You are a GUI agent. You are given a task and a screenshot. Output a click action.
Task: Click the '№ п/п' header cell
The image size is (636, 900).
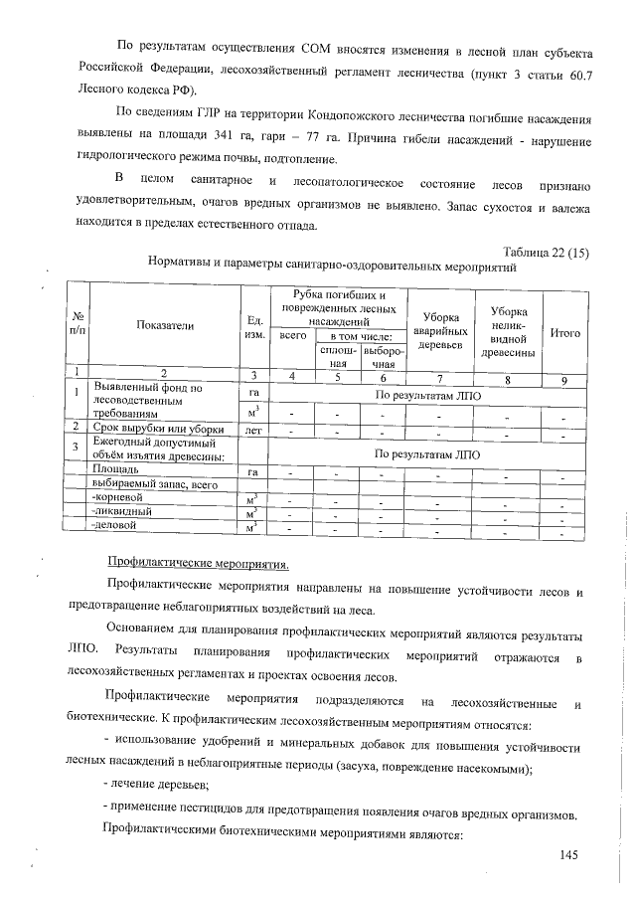(76, 325)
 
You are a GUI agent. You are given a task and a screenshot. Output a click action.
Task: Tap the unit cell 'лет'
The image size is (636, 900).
(253, 429)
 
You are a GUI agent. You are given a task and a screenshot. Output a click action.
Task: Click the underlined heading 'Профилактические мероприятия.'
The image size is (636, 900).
(198, 564)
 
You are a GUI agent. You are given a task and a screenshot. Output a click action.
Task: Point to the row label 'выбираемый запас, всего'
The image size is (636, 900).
(153, 482)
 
